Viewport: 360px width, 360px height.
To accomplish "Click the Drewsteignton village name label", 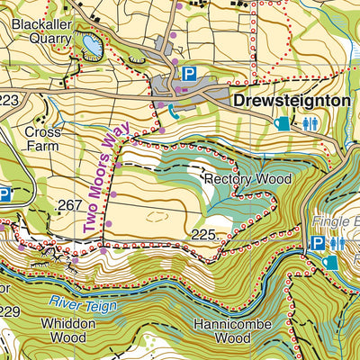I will (290, 102).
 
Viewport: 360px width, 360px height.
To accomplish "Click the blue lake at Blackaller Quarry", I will (91, 43).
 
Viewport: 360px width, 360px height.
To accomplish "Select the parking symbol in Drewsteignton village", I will (189, 74).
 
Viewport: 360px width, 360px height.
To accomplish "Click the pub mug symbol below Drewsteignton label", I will (283, 123).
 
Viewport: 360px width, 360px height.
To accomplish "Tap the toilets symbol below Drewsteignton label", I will (310, 123).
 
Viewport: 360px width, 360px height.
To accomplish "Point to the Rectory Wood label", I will (247, 179).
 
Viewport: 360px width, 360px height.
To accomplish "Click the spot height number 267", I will (69, 206).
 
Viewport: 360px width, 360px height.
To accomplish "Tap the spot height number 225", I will (203, 235).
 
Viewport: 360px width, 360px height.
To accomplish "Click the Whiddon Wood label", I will (67, 330).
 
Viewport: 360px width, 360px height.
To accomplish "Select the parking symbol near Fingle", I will (316, 243).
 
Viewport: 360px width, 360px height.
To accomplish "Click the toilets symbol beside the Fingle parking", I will (336, 243).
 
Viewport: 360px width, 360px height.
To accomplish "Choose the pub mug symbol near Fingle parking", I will (331, 262).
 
